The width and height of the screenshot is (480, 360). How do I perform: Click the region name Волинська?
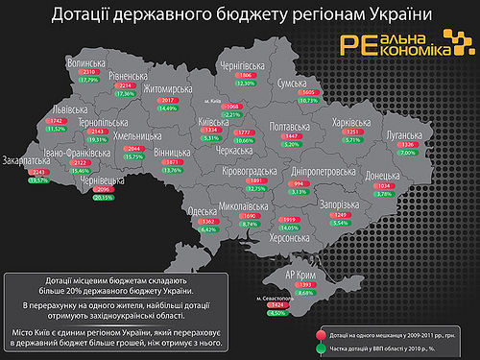pyautogui.click(x=91, y=62)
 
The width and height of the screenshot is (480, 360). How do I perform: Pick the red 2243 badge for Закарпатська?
pyautogui.click(x=39, y=171)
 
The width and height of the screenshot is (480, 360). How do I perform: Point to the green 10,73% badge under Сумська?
pyautogui.click(x=308, y=100)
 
